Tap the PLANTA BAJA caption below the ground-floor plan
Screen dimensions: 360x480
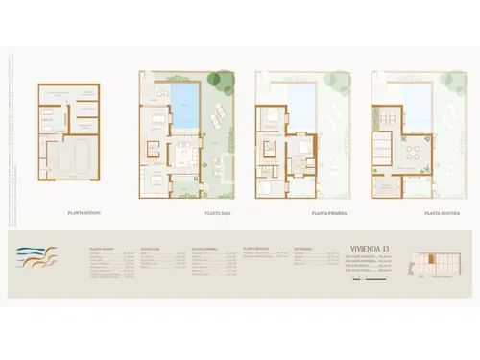(217, 212)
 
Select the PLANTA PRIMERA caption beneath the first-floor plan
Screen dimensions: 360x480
(328, 212)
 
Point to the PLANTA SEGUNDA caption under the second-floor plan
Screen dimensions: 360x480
(444, 212)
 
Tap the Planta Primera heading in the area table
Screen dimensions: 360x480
(204, 247)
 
